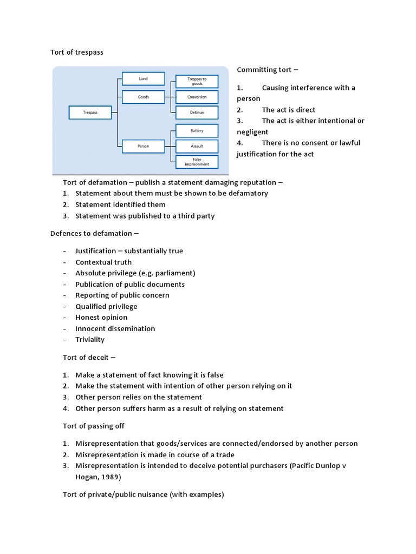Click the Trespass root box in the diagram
click(x=90, y=113)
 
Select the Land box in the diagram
click(x=143, y=78)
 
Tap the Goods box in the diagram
click(x=143, y=97)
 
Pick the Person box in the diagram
click(x=143, y=146)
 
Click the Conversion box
click(x=197, y=97)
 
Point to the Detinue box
click(x=197, y=113)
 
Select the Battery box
click(x=197, y=131)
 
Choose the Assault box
click(x=197, y=146)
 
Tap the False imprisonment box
click(x=197, y=162)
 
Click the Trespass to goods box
click(x=197, y=81)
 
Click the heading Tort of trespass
click(x=76, y=52)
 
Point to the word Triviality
click(x=90, y=340)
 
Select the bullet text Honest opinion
click(x=101, y=318)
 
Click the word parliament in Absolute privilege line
click(x=174, y=273)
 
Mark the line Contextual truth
click(x=103, y=262)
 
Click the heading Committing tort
click(x=267, y=70)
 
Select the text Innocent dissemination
click(x=115, y=329)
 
